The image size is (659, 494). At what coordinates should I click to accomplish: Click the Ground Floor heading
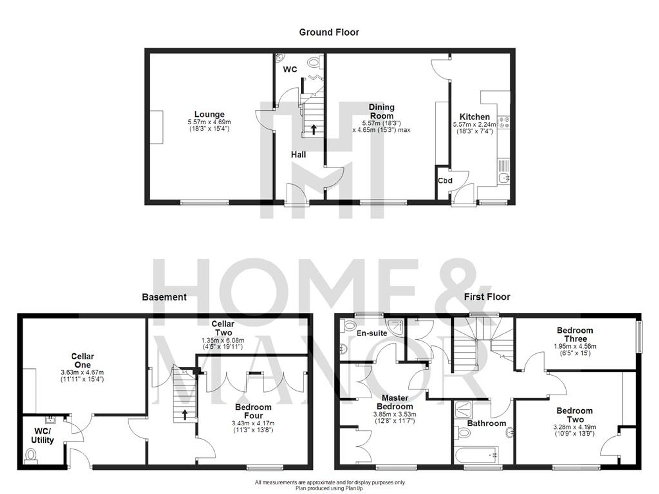tap(329, 32)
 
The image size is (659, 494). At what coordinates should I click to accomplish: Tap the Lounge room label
tap(209, 114)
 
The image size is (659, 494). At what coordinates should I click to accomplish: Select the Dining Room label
tap(382, 111)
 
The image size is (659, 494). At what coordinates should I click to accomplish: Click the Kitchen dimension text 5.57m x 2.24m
tap(474, 124)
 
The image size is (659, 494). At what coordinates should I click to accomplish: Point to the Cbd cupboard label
tap(445, 181)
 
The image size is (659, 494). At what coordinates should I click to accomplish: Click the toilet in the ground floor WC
tap(314, 62)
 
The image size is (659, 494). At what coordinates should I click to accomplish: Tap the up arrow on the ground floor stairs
tap(313, 129)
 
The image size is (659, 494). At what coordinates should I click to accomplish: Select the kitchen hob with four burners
tap(503, 122)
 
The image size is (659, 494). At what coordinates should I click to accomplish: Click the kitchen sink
tap(504, 178)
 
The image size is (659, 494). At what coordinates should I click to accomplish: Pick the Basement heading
tap(164, 297)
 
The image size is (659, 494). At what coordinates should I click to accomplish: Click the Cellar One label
tap(82, 360)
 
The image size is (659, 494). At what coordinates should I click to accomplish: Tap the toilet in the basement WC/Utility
tap(31, 456)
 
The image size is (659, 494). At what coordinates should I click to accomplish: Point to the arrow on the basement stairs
tap(185, 414)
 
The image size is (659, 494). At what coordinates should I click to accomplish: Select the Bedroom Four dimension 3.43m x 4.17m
tap(253, 423)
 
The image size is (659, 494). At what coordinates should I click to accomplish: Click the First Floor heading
tap(487, 297)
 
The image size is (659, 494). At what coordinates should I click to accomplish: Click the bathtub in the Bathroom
tap(476, 455)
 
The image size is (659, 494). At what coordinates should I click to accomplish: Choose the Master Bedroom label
tap(394, 402)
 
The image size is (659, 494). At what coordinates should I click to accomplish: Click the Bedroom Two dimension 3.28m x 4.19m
tap(574, 427)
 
